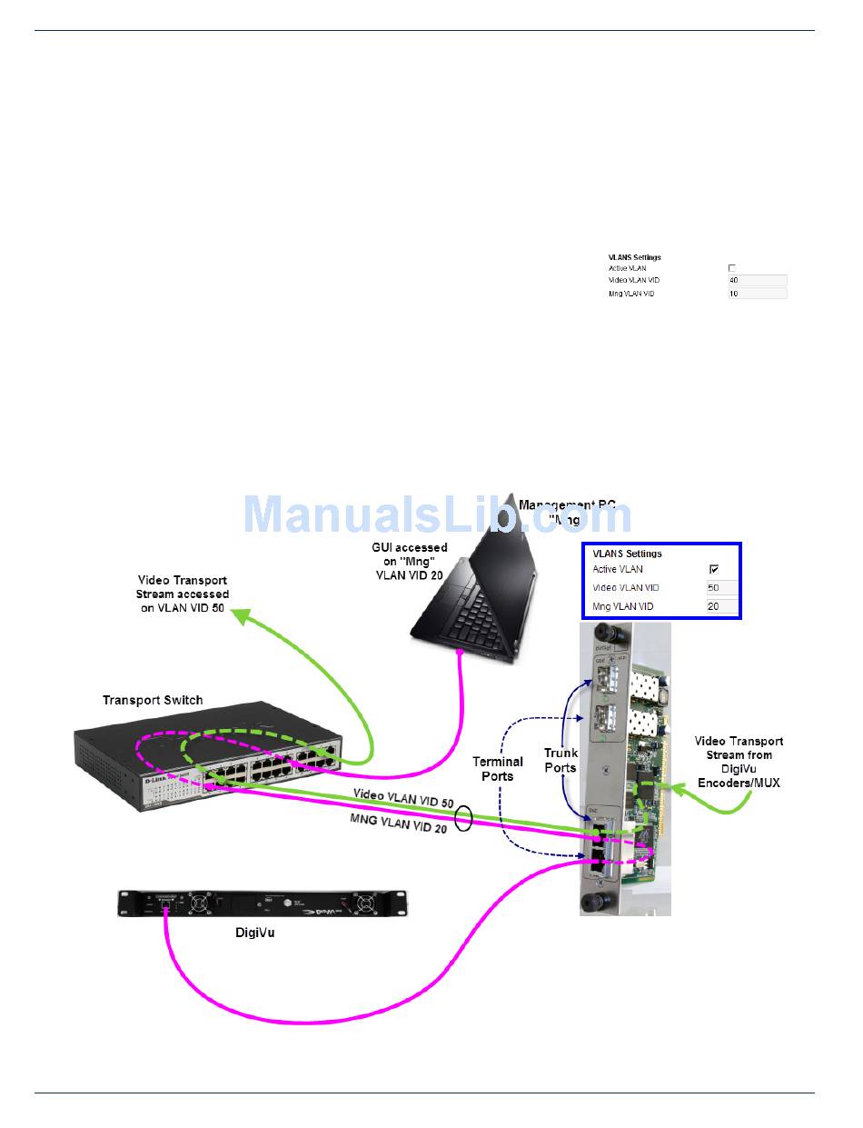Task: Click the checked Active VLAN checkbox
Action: point(714,569)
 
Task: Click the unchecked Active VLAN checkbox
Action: point(732,268)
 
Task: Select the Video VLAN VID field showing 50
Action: point(721,588)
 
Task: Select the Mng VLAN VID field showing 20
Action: point(721,606)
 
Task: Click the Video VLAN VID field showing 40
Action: point(757,281)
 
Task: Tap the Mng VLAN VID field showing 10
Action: point(757,294)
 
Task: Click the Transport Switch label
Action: point(153,700)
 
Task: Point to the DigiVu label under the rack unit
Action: point(247,932)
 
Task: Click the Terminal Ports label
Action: point(497,768)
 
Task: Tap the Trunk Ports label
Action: point(560,760)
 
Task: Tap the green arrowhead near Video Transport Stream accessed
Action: point(241,617)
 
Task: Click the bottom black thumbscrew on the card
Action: point(599,902)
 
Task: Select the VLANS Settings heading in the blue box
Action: point(627,553)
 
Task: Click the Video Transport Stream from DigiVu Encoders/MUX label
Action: point(738,761)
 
